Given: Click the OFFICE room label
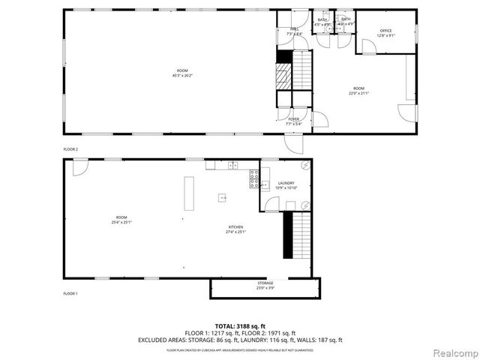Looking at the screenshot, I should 386,31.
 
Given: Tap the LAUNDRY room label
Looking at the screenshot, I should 286,182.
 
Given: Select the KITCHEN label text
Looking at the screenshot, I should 235,227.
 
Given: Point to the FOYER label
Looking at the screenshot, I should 294,118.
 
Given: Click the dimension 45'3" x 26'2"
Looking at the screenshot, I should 182,75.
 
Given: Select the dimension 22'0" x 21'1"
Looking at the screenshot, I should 358,93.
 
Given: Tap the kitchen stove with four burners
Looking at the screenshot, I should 254,178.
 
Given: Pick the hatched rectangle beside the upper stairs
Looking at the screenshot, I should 283,76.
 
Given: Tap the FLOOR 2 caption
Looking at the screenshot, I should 70,149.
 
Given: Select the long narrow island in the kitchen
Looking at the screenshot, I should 189,193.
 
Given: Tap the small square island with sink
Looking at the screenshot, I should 223,198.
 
